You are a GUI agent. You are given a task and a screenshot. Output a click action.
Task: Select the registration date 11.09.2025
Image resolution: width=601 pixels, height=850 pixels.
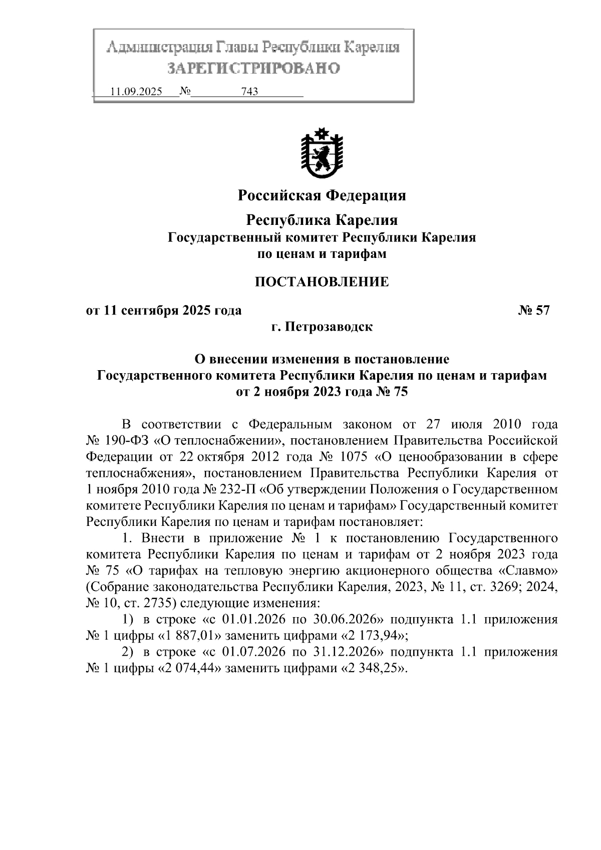pyautogui.click(x=136, y=92)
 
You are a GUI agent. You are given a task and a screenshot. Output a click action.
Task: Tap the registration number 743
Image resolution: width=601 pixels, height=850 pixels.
pyautogui.click(x=249, y=92)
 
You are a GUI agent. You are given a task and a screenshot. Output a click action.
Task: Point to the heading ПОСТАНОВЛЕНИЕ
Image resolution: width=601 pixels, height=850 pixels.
pyautogui.click(x=322, y=282)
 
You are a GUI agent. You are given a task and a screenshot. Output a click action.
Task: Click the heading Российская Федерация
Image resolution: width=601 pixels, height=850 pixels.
pyautogui.click(x=322, y=195)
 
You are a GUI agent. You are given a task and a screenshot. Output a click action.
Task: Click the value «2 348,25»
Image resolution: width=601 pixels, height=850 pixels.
pyautogui.click(x=373, y=669)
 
